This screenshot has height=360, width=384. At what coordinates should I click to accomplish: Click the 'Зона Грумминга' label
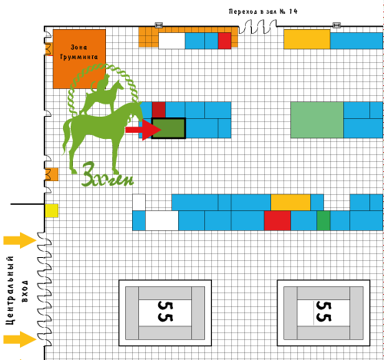point(79,52)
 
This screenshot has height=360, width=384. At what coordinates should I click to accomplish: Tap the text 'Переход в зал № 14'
point(263,12)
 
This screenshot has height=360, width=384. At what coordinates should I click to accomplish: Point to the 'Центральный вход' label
point(17,290)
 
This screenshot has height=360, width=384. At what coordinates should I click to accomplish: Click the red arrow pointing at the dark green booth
point(143,130)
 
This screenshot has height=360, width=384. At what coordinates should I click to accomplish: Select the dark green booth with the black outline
point(168,128)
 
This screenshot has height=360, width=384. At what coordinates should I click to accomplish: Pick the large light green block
point(317,120)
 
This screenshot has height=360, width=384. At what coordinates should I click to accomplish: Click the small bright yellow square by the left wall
point(51,210)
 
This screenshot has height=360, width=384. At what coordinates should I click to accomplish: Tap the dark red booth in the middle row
point(159,110)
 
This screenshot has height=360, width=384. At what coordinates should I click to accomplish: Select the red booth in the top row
point(224,41)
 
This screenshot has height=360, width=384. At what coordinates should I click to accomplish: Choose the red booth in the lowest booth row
point(277,220)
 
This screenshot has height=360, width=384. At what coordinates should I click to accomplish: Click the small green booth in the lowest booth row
point(323,220)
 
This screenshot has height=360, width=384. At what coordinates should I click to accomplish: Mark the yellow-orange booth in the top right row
point(307,39)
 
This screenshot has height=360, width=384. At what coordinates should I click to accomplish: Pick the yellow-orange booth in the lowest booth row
point(290,203)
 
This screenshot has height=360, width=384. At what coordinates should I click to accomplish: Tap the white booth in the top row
point(172,41)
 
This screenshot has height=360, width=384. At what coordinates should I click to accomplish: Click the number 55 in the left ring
point(165,311)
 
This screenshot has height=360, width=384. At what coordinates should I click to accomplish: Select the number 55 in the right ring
point(324,311)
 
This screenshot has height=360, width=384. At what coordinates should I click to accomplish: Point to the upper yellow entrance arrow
point(20,240)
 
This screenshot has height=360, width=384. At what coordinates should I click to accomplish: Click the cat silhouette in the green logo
point(101,82)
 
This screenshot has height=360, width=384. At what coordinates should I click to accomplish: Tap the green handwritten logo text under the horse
point(108,175)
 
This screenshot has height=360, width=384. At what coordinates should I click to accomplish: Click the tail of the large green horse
point(67,137)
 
